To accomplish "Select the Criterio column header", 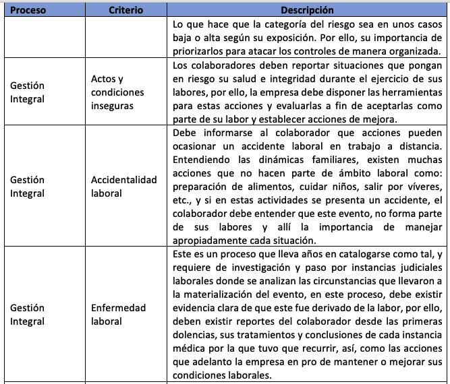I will click(126, 11).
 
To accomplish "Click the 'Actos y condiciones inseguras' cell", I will click(117, 92).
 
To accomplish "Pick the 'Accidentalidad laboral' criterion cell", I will click(123, 187).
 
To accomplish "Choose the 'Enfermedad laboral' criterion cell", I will click(118, 315).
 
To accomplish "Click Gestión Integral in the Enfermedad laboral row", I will click(27, 315).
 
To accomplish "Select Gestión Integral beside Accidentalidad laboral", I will click(27, 187).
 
